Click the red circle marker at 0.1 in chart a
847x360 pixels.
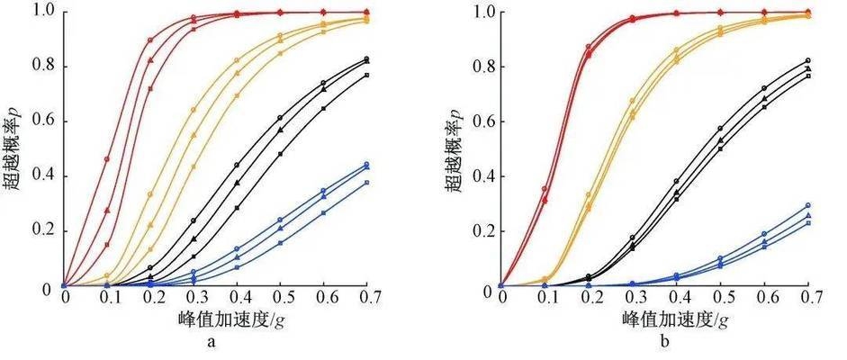click(x=107, y=159)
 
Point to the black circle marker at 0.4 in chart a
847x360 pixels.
click(x=237, y=165)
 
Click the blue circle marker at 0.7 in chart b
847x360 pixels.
click(x=806, y=206)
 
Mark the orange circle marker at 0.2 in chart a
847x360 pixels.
click(x=150, y=194)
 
